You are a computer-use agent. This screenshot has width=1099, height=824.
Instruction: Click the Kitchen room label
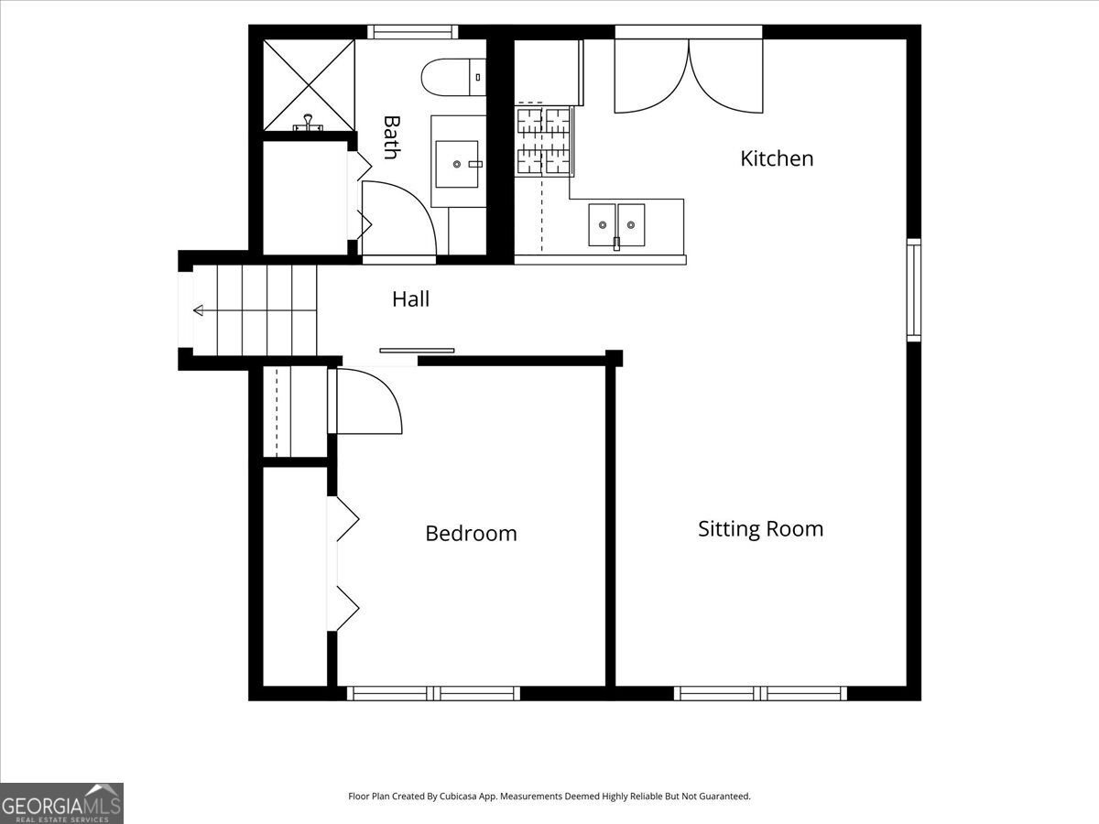[x=777, y=158]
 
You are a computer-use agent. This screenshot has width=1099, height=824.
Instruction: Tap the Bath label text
[x=392, y=137]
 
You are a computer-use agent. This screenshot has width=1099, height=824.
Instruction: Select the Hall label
[x=410, y=299]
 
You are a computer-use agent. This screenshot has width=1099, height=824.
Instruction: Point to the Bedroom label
[x=471, y=534]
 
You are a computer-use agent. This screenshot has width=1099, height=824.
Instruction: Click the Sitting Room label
[x=760, y=529]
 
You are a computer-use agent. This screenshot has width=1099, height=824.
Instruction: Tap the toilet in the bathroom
[x=453, y=77]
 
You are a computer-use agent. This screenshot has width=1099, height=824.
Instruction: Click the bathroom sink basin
[x=457, y=164]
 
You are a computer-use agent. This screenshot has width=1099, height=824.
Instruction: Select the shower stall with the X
[x=309, y=85]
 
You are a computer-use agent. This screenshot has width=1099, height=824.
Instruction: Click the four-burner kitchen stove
[x=544, y=142]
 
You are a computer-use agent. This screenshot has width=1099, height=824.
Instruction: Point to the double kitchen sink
[x=616, y=224]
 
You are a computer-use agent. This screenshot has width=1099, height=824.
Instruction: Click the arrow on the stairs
[x=255, y=310]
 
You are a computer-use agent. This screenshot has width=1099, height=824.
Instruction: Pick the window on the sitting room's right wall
[x=914, y=290]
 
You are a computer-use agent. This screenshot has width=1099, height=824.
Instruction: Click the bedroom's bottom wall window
[x=433, y=693]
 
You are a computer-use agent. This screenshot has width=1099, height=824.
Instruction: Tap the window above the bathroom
[x=412, y=32]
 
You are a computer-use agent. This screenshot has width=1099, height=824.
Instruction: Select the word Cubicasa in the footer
[x=458, y=796]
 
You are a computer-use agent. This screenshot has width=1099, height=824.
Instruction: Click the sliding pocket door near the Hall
[x=417, y=351]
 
